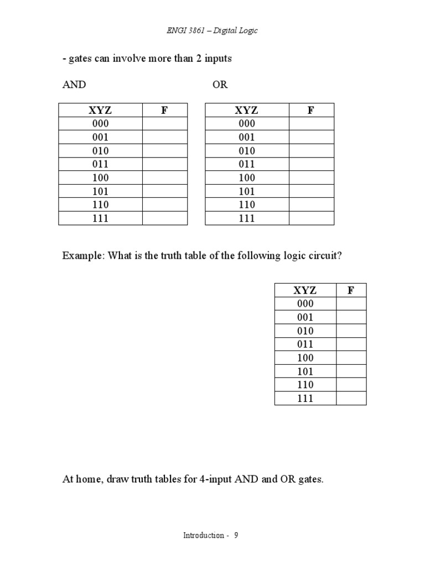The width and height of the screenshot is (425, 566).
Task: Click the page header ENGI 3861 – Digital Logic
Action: point(212,30)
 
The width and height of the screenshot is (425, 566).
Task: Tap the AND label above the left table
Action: point(74,85)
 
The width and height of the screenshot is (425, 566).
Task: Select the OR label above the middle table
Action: point(220,85)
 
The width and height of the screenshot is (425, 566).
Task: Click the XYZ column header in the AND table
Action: point(100,110)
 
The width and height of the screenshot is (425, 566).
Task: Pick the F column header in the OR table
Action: point(311,110)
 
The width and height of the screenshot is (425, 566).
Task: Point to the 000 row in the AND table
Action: point(100,124)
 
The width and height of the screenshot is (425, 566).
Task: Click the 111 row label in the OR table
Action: point(247,218)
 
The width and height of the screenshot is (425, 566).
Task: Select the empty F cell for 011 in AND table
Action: point(165,164)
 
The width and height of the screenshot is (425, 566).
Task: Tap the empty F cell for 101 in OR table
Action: point(311,191)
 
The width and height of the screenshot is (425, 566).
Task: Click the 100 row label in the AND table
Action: point(100,178)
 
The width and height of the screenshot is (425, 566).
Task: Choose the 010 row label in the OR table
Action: point(247,151)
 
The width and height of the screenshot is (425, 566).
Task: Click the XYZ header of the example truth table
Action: point(305,290)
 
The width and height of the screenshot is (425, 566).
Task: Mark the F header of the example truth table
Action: point(350,290)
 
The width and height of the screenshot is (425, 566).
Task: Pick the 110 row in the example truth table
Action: point(305,385)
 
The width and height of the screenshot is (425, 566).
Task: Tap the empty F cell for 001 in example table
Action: point(350,317)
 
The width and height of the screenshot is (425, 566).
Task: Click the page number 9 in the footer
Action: point(236,536)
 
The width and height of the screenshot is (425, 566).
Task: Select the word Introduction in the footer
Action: point(204,536)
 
